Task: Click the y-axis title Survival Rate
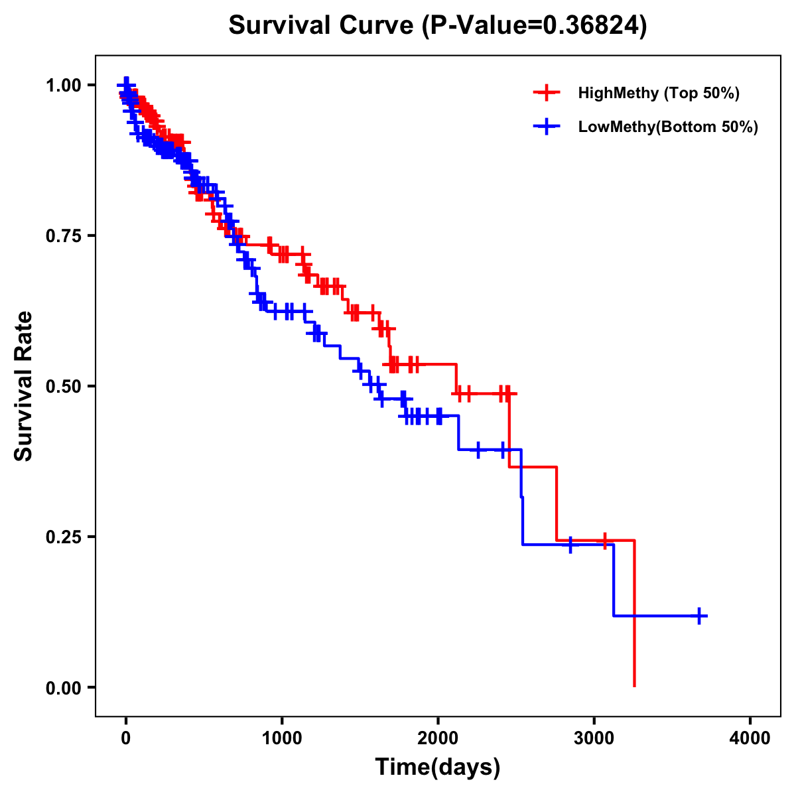[x=24, y=385]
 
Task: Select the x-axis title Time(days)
[x=438, y=767]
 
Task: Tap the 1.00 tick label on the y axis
[x=64, y=85]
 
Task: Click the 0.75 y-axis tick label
[x=64, y=235]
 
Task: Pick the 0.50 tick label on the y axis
[x=64, y=386]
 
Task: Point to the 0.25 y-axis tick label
[x=64, y=537]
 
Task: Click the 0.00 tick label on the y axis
[x=64, y=687]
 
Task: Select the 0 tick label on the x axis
[x=126, y=738]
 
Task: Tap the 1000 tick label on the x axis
[x=282, y=738]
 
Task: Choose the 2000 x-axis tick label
[x=438, y=738]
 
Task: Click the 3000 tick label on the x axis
[x=594, y=738]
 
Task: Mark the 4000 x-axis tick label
[x=750, y=738]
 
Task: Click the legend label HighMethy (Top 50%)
[x=659, y=93]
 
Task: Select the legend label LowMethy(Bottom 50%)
[x=668, y=127]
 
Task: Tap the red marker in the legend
[x=547, y=93]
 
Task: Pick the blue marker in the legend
[x=547, y=127]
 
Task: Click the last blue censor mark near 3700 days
[x=699, y=616]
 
